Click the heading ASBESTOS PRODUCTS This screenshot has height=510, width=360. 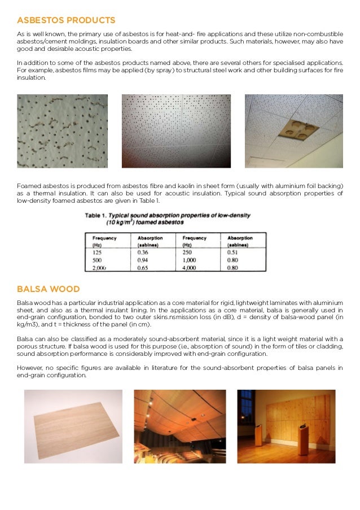[66, 20]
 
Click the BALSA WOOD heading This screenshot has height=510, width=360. [49, 290]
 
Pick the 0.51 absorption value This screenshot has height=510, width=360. [232, 252]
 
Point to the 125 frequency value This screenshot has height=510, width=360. [97, 252]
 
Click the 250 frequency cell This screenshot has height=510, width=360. [187, 252]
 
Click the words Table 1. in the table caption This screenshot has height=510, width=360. [98, 216]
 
